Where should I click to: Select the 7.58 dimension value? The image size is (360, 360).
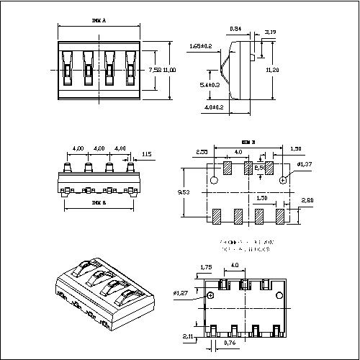154,70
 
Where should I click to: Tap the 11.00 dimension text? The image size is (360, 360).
169,70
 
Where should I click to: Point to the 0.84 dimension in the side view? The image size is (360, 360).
235,29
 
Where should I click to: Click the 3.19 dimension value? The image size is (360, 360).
271,32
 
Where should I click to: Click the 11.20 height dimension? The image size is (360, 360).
272,70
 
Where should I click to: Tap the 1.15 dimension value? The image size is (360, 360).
146,154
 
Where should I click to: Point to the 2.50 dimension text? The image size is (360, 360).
202,152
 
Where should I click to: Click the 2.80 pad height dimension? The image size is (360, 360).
307,200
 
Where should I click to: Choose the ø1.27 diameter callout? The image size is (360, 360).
181,294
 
